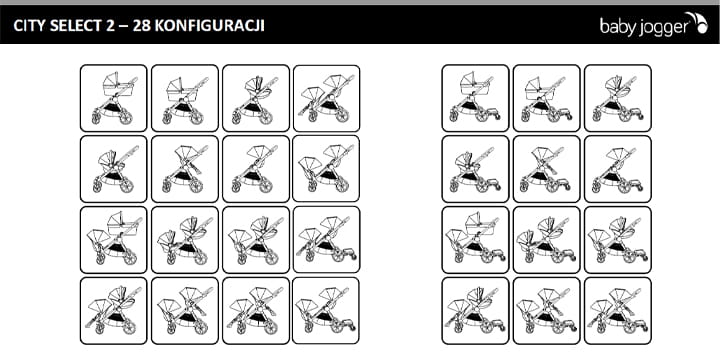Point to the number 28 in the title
[141, 26]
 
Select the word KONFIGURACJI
[210, 26]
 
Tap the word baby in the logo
[618, 26]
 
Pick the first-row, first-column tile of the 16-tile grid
[113, 98]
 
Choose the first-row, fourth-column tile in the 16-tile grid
[326, 98]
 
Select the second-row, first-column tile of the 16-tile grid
[113, 169]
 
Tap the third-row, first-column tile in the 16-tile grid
[113, 240]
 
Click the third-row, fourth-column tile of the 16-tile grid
[326, 240]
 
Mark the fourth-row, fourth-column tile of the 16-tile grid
[326, 310]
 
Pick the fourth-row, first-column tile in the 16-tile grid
[113, 310]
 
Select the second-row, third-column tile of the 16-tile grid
[256, 169]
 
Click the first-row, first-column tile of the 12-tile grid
[475, 98]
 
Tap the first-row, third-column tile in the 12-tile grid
[618, 98]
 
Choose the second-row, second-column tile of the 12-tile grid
[546, 169]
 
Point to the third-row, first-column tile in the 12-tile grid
[475, 240]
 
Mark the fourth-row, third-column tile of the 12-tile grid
[618, 310]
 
